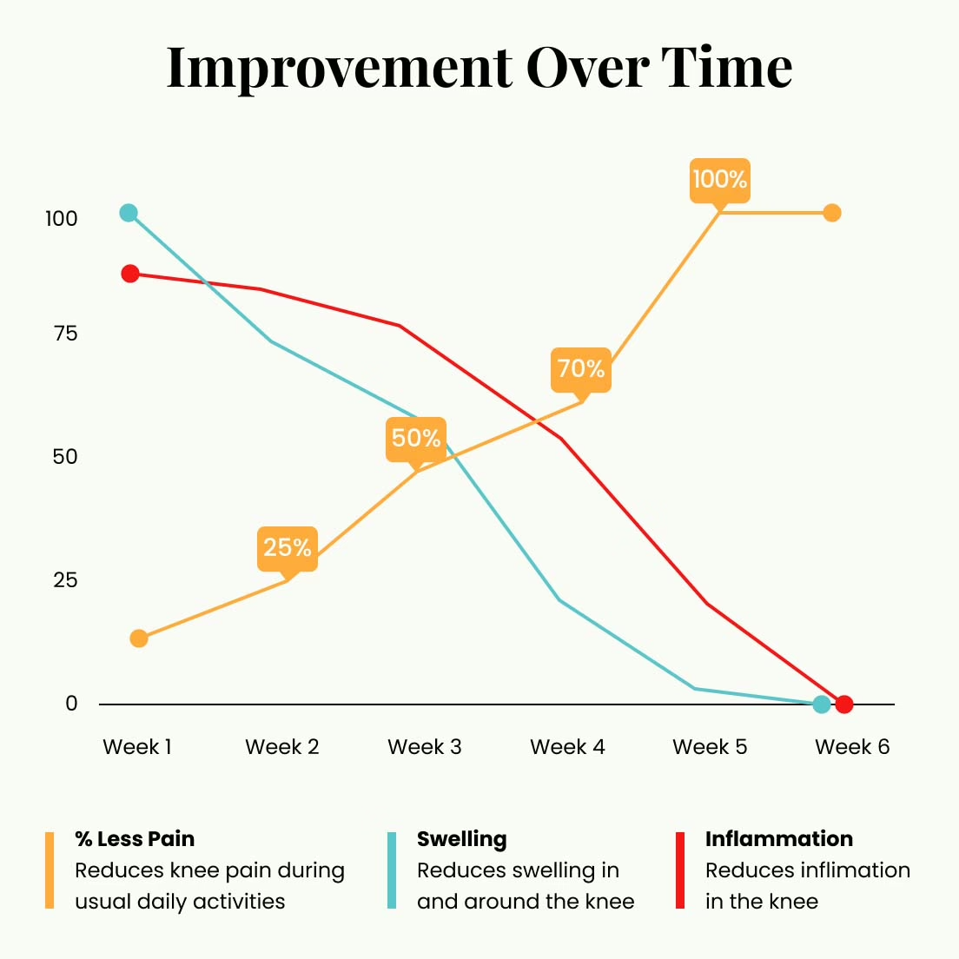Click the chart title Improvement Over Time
pyautogui.click(x=479, y=68)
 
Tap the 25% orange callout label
pyautogui.click(x=288, y=548)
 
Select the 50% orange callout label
pyautogui.click(x=416, y=438)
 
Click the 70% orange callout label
pyautogui.click(x=581, y=369)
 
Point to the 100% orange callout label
pyautogui.click(x=719, y=180)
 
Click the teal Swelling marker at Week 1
pyautogui.click(x=129, y=213)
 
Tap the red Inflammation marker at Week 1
pyautogui.click(x=130, y=274)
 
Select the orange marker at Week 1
pyautogui.click(x=139, y=638)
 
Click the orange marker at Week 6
pyautogui.click(x=832, y=213)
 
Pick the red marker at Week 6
pyautogui.click(x=844, y=704)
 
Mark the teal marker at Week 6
pyautogui.click(x=822, y=704)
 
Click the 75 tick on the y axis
pyautogui.click(x=65, y=334)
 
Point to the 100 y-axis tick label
pyautogui.click(x=62, y=219)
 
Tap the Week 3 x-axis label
pyautogui.click(x=424, y=747)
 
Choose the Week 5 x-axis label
pyautogui.click(x=710, y=747)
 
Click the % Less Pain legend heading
pyautogui.click(x=135, y=839)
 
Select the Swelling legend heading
pyautogui.click(x=461, y=839)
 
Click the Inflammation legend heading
pyautogui.click(x=779, y=839)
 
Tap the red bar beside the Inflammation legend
pyautogui.click(x=680, y=870)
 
